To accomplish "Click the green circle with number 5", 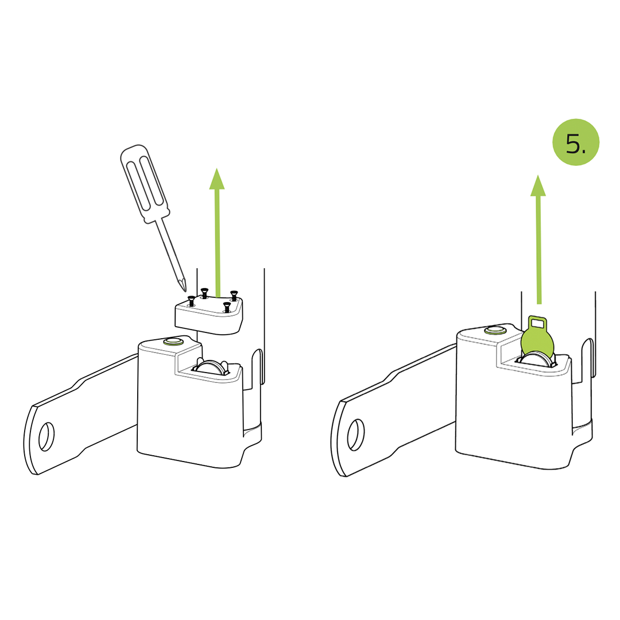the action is (576, 142).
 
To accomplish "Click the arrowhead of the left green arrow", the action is (216, 179).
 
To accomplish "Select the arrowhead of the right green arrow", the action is (538, 185).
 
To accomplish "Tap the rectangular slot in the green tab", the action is (538, 323).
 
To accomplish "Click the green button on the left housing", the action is (173, 341).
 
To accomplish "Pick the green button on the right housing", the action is (495, 330).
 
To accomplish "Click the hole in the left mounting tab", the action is (46, 436).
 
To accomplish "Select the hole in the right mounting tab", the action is (355, 435).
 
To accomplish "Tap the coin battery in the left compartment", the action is (211, 366).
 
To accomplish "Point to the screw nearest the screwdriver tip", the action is (191, 300).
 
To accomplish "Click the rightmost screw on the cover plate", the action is (234, 295).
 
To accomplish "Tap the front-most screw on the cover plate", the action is (227, 307).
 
